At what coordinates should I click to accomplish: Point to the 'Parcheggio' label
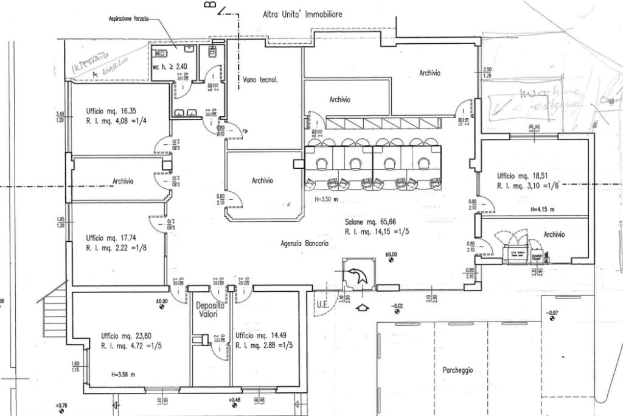coord(458,370)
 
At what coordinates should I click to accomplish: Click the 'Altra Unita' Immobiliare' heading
coord(302,13)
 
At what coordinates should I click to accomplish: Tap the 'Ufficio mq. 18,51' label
coord(523,175)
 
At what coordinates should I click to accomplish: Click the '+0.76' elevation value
coord(61,404)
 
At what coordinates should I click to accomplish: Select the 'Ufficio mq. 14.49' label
coord(260,336)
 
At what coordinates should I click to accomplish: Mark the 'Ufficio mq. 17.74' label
coord(111,238)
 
